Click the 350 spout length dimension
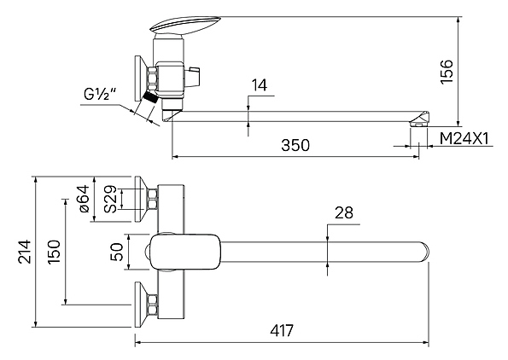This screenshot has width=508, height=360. click(295, 145)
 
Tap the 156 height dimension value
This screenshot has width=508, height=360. click(447, 72)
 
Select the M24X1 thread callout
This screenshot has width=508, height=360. click(464, 138)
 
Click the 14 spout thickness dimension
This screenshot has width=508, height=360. click(260, 85)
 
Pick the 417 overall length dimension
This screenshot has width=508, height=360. click(282, 330)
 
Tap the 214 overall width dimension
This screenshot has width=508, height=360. click(25, 252)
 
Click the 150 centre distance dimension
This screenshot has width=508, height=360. click(54, 252)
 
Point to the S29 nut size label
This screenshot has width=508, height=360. click(110, 199)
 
